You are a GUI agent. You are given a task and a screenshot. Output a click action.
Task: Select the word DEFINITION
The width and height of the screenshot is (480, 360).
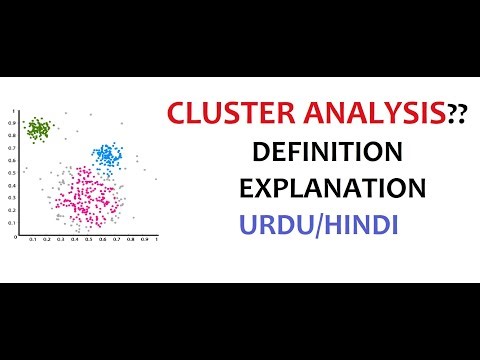327,152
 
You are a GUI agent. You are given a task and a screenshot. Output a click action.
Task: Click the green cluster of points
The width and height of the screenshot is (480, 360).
39,128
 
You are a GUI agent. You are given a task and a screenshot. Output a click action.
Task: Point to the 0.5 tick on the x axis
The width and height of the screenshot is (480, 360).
88,241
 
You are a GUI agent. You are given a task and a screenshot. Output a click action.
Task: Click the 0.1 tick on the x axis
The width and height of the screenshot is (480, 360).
32,241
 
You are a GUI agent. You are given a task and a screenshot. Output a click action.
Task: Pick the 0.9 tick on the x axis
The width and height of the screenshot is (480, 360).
144,241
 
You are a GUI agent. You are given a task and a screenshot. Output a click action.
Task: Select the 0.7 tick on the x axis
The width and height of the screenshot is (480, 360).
116,241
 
